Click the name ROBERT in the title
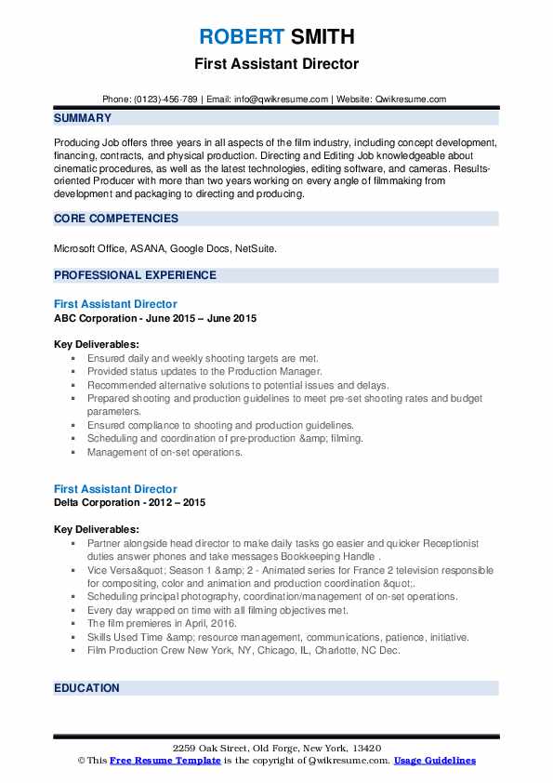tap(237, 38)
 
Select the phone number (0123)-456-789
tap(168, 100)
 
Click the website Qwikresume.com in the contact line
tap(411, 100)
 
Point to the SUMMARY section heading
tap(83, 118)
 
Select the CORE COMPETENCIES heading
tap(116, 219)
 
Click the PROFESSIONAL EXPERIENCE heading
tap(135, 275)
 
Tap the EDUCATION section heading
tap(86, 688)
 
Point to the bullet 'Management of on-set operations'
tap(165, 452)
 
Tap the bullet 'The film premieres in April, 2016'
tap(162, 623)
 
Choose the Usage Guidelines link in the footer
tap(434, 761)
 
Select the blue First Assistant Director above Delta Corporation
tap(115, 489)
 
